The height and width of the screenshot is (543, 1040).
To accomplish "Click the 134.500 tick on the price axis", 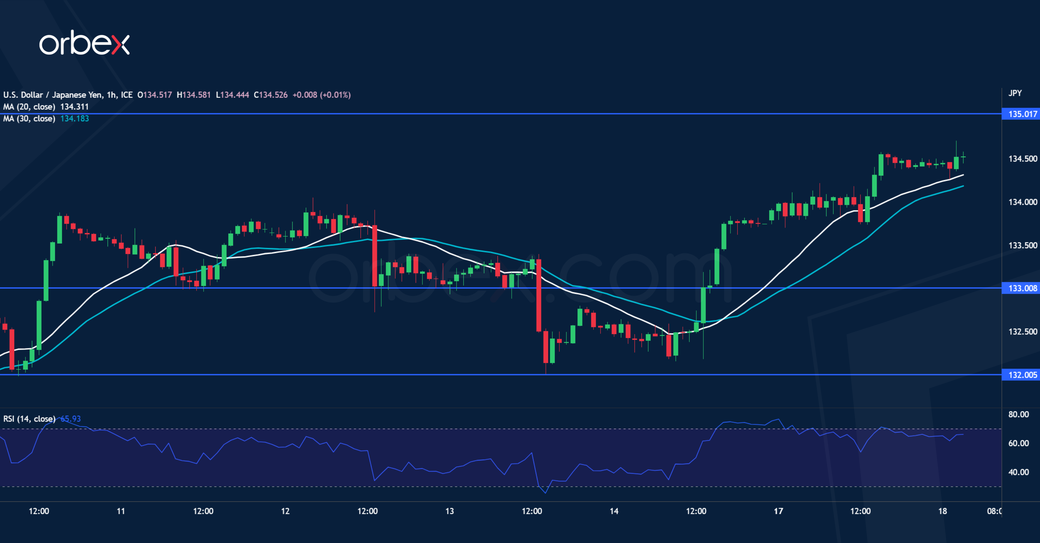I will [1022, 159].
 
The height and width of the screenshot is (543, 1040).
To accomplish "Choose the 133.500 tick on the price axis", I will [1022, 245].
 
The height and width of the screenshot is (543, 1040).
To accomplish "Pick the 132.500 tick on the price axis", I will [1022, 332].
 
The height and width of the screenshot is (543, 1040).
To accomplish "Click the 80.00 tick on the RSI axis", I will [1018, 414].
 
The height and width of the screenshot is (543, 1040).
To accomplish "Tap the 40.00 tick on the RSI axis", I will [1018, 472].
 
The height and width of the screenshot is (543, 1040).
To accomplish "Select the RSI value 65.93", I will [71, 419].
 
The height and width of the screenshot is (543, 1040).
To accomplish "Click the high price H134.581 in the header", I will [194, 95].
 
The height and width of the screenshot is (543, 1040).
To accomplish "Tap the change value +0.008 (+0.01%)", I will [321, 95].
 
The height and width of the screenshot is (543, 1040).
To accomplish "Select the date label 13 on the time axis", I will [449, 511].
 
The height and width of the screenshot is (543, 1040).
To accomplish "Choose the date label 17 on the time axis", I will [778, 511].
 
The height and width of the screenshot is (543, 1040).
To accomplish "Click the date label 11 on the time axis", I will [121, 511].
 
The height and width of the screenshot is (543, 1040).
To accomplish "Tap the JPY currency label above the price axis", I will [1015, 93].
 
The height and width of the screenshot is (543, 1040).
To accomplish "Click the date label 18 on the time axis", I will [942, 511].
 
